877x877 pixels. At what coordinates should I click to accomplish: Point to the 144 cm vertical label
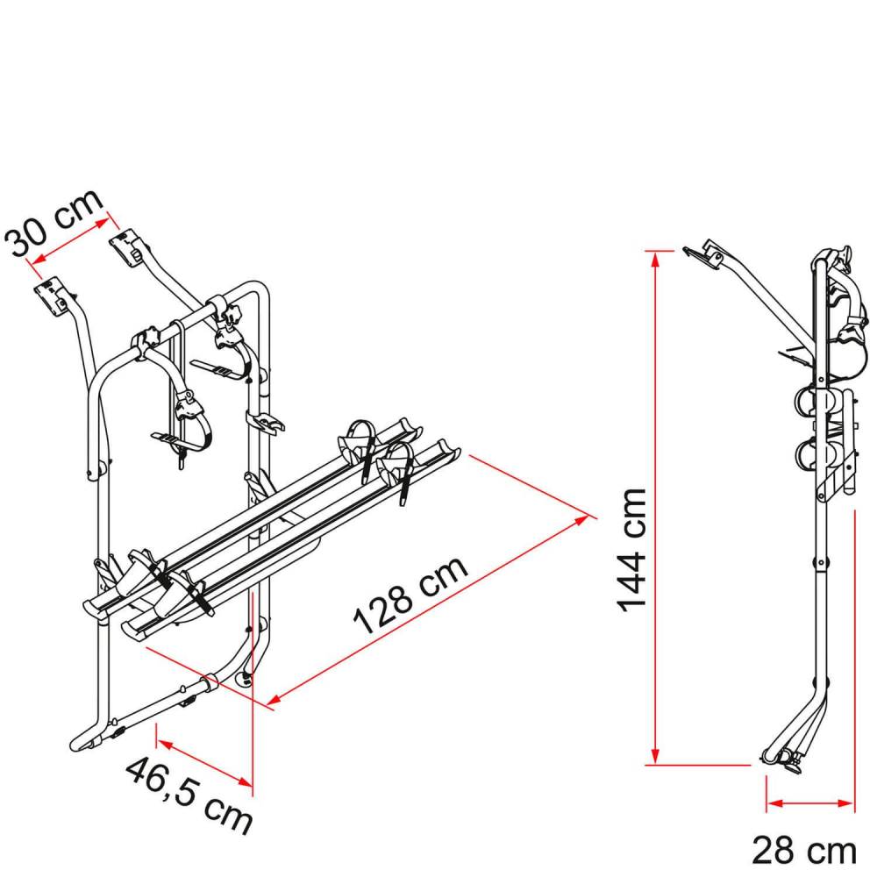631,550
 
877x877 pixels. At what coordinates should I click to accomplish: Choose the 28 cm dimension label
803,848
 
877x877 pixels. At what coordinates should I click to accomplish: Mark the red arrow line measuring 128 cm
428,611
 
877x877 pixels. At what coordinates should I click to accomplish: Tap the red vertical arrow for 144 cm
654,509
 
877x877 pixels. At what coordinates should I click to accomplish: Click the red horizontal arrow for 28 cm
809,802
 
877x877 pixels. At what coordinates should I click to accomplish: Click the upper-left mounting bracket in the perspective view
52,296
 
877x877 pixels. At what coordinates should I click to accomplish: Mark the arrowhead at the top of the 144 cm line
654,256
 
